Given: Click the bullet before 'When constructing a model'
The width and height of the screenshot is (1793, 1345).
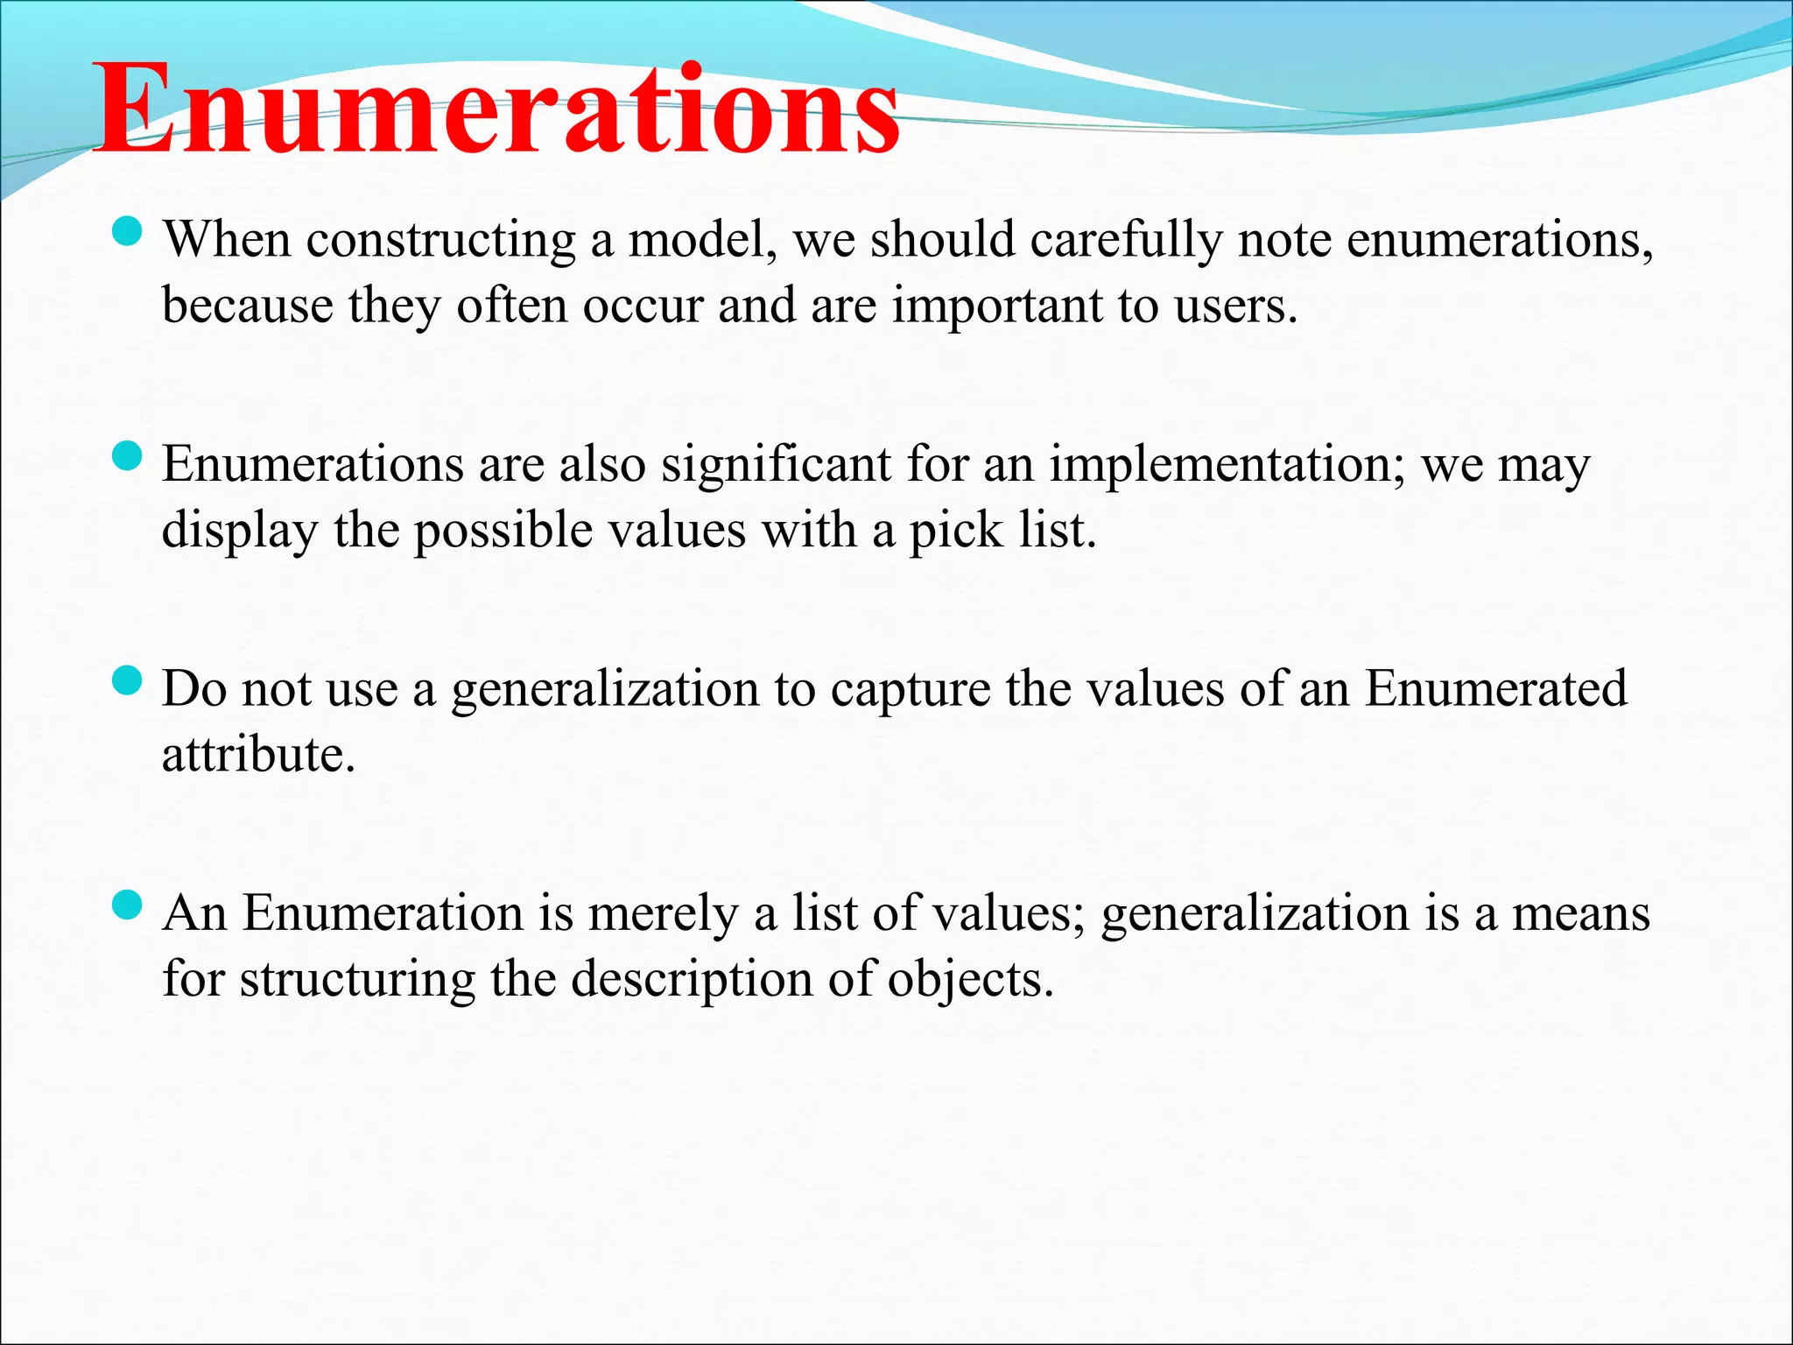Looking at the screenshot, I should [128, 233].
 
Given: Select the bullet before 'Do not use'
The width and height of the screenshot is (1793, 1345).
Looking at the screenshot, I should [128, 681].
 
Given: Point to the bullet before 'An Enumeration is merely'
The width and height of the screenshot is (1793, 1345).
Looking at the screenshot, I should [128, 905].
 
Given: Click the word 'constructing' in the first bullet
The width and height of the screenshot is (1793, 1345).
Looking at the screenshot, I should [440, 240].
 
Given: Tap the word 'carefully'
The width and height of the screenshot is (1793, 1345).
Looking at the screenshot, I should [1126, 240].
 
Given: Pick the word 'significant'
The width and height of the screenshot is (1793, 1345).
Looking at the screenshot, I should [776, 464].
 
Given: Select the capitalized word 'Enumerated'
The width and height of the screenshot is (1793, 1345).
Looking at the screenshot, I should [1496, 688].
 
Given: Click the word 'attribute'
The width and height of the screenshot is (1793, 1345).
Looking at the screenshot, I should [257, 755].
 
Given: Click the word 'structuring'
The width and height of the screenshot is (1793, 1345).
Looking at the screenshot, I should [357, 980].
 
